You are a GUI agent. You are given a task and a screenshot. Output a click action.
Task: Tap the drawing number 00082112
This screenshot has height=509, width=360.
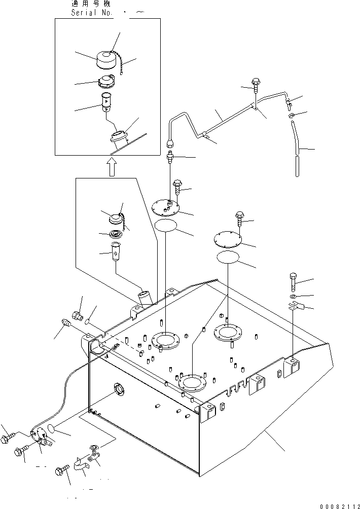tap(340, 505)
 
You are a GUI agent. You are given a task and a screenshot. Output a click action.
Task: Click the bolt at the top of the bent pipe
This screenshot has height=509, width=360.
tap(255, 85)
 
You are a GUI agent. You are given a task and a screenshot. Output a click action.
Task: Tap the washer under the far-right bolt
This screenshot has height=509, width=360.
tap(294, 295)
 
